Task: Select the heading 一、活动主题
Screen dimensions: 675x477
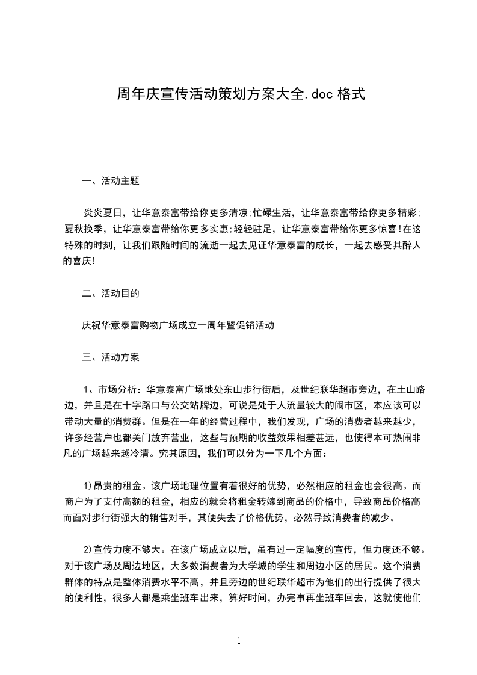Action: point(111,180)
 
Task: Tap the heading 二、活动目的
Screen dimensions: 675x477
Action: point(111,294)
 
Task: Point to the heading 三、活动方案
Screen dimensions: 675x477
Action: point(111,357)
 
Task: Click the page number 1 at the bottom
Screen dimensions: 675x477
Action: point(239,641)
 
